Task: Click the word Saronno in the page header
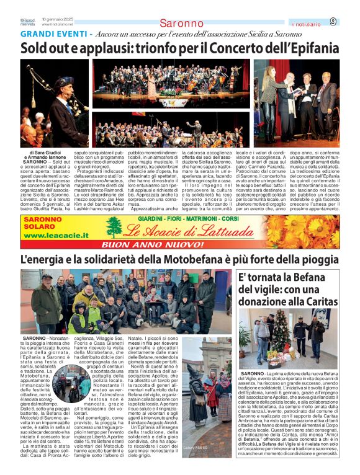181,24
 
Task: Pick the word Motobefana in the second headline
180,260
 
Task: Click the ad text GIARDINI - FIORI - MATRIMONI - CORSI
189,220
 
